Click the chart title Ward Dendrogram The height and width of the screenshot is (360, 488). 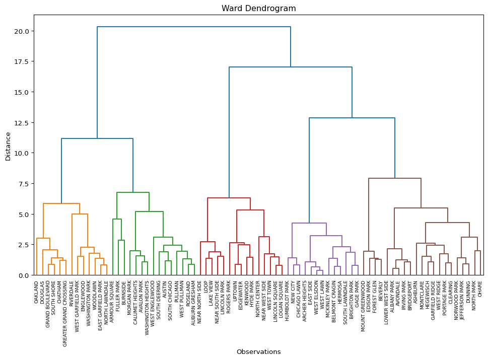point(259,9)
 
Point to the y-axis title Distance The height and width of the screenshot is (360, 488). point(8,146)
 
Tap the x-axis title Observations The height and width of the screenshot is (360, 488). point(259,352)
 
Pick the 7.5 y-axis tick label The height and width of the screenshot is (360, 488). point(25,184)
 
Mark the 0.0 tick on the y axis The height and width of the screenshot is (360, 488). point(25,275)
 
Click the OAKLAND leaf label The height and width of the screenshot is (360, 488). point(37,292)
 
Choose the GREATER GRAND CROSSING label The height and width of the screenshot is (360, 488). point(65,307)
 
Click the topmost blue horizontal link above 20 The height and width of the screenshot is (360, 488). point(194,27)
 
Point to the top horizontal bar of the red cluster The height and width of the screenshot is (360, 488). point(229,198)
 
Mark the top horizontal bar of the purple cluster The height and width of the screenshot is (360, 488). point(309,223)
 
